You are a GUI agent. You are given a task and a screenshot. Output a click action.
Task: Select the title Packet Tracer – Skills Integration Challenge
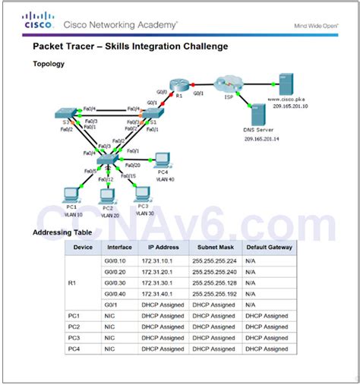coord(130,46)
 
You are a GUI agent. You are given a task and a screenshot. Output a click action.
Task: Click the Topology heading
coord(48,64)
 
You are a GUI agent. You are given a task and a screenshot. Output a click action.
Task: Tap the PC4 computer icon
coord(161,159)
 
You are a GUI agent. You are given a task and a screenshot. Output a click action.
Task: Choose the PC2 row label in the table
coord(74,326)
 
